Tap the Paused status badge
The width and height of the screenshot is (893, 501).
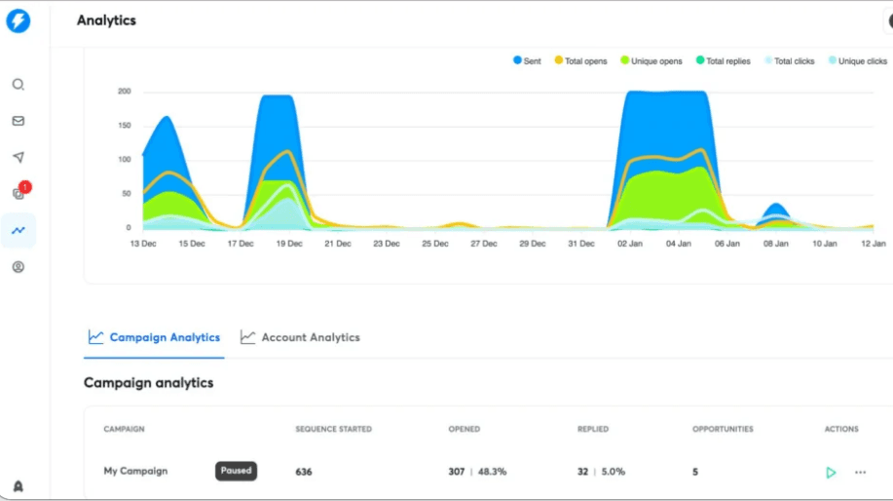pos(236,471)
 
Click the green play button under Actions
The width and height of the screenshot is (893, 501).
pos(831,473)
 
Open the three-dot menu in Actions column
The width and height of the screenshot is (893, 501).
pos(860,473)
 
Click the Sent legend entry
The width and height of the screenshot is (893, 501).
pos(527,61)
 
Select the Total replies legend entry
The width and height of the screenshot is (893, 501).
pos(723,61)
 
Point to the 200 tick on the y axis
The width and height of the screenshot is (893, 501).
pos(125,92)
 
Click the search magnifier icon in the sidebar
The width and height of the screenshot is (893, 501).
pos(19,85)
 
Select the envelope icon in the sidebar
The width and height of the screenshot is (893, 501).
pos(19,121)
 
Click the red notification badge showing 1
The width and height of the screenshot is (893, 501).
pos(24,186)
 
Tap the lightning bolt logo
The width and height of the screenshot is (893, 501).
pos(19,20)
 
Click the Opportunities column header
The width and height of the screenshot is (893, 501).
pos(723,429)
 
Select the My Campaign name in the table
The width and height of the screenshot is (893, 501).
pos(135,471)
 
